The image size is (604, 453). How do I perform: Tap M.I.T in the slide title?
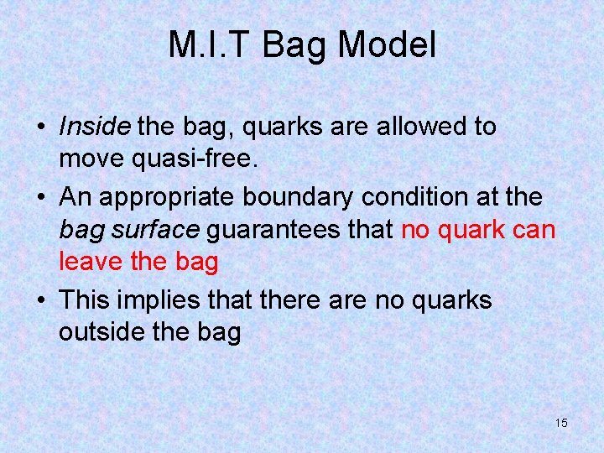(211, 44)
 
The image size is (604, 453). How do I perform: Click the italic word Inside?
(95, 127)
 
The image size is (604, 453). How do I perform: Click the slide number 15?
(561, 423)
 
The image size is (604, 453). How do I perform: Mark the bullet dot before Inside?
(40, 128)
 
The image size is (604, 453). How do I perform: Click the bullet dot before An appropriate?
(40, 199)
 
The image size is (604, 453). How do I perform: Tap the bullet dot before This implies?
(40, 301)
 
